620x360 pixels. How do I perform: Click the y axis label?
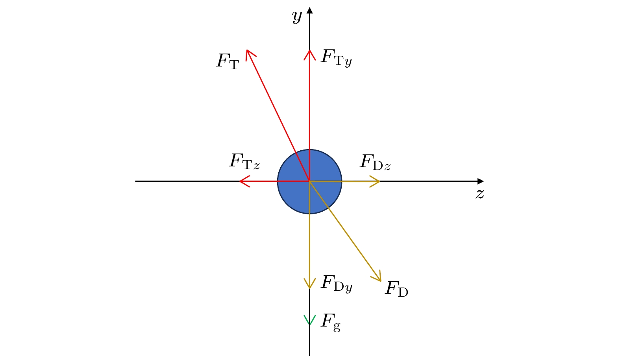[297, 17]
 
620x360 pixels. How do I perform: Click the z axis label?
[479, 194]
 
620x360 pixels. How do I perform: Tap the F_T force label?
[228, 61]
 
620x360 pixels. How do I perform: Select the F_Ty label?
[336, 57]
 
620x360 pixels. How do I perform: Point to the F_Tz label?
[244, 161]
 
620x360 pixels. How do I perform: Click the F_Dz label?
[375, 162]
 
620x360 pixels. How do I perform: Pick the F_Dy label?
[336, 283]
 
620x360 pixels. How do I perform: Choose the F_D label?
[396, 289]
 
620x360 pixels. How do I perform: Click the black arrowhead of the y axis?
[310, 10]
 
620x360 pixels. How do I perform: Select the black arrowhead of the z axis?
[481, 181]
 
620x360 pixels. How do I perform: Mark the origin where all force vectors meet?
[310, 181]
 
